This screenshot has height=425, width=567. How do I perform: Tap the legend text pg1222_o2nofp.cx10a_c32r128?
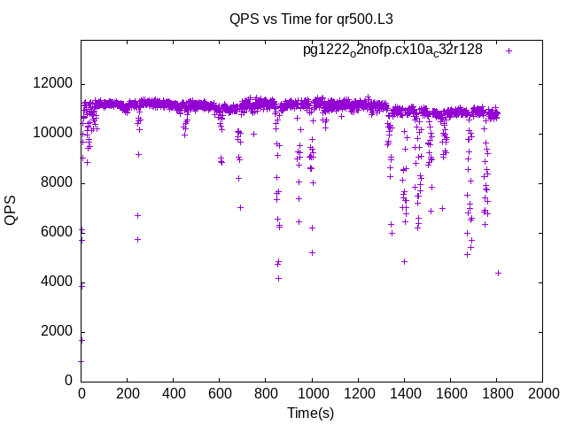point(392,50)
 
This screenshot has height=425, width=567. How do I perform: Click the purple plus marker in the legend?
point(509,50)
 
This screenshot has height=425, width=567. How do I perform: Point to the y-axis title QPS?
point(11,210)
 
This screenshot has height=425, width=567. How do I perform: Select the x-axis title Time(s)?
point(310,413)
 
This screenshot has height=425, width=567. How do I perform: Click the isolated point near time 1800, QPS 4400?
point(498,273)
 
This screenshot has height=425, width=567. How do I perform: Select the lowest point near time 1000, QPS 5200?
point(312,252)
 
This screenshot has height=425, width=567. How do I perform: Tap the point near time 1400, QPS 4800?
point(404,261)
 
